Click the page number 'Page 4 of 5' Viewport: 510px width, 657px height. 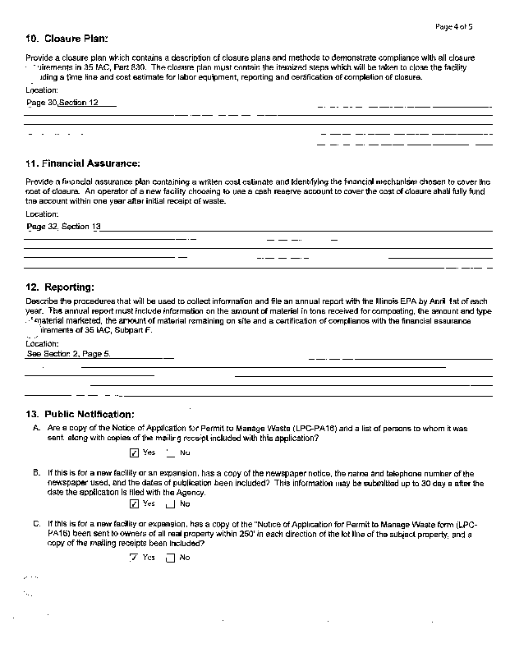(x=454, y=27)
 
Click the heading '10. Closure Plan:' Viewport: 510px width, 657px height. (x=67, y=39)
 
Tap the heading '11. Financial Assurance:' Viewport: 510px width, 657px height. (x=83, y=163)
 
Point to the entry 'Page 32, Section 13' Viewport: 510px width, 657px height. (x=64, y=226)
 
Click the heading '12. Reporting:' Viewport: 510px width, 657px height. (x=60, y=287)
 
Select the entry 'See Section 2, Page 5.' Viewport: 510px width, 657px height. (x=68, y=353)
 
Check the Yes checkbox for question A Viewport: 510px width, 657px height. (x=134, y=453)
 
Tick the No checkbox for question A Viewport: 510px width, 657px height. (x=170, y=453)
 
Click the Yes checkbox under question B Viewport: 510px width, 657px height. (x=134, y=503)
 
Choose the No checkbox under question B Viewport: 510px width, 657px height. (x=170, y=504)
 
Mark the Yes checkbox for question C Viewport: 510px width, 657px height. (x=134, y=558)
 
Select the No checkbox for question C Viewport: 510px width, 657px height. (x=170, y=558)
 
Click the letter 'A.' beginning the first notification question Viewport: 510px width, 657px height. (x=37, y=429)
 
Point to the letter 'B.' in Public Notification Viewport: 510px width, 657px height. (x=37, y=474)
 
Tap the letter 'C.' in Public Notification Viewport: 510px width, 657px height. (x=37, y=523)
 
